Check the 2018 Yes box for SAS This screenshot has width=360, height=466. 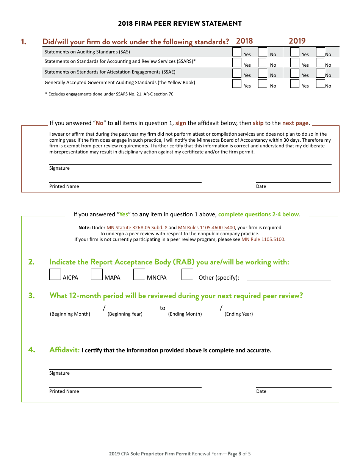(x=237, y=52)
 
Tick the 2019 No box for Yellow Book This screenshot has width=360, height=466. (x=321, y=83)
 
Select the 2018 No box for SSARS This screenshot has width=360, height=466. (x=263, y=63)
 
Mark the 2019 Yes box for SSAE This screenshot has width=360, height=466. (x=295, y=73)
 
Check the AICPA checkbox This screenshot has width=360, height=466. (x=55, y=274)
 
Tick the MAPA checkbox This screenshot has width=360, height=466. (x=97, y=274)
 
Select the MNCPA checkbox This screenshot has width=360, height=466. (x=139, y=274)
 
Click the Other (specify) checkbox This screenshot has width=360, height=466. (x=187, y=274)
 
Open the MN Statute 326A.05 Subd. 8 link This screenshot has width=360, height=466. (x=137, y=228)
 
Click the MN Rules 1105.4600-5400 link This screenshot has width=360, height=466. (x=207, y=228)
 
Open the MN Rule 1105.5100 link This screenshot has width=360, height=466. (x=263, y=239)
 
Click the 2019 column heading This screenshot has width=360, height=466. (x=297, y=41)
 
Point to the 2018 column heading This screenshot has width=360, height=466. (x=244, y=41)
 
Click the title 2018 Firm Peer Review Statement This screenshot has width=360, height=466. (x=180, y=23)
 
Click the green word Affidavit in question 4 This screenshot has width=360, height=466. (x=64, y=350)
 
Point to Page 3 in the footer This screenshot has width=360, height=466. (x=234, y=454)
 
